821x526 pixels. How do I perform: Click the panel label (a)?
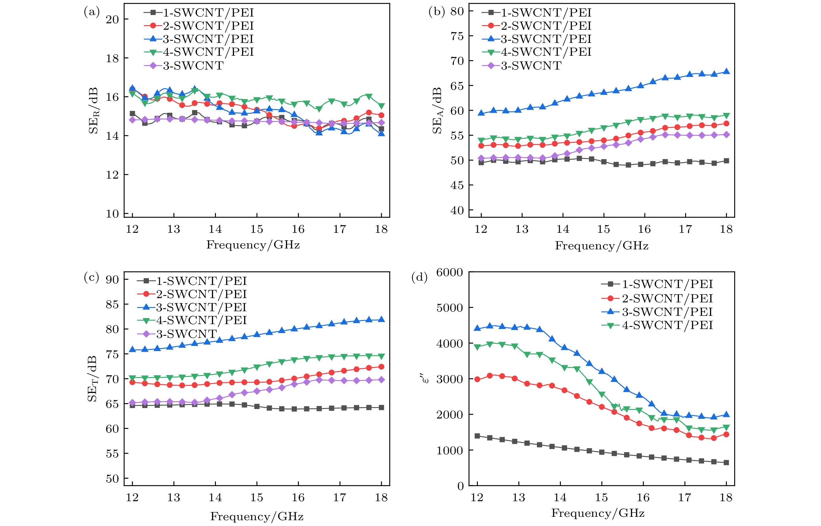click(x=92, y=12)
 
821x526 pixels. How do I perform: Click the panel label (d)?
click(x=419, y=277)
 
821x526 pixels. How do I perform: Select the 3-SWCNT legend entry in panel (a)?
click(x=184, y=65)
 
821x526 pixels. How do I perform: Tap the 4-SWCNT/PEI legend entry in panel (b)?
click(x=537, y=52)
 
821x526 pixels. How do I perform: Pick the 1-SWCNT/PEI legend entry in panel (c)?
click(x=192, y=281)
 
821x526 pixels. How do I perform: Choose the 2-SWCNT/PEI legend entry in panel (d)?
click(x=657, y=298)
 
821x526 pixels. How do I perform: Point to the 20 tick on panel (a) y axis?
click(x=112, y=20)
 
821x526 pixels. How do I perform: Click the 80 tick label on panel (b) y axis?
click(x=457, y=12)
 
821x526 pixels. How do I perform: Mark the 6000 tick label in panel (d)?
click(x=449, y=273)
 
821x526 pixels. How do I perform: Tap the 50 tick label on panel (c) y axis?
click(x=112, y=479)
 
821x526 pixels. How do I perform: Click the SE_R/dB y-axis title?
click(x=93, y=111)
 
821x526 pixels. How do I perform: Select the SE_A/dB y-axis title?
click(x=437, y=110)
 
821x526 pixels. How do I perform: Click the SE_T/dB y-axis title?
click(x=92, y=379)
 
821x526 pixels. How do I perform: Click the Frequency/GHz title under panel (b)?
click(x=601, y=246)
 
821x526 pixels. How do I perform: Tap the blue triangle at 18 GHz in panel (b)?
click(x=727, y=71)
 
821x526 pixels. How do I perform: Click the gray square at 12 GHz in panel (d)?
click(x=477, y=436)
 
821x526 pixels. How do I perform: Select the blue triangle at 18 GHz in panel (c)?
click(x=382, y=320)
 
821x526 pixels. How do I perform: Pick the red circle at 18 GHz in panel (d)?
click(x=726, y=434)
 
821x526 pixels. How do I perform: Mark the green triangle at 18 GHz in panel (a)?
click(x=382, y=106)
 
